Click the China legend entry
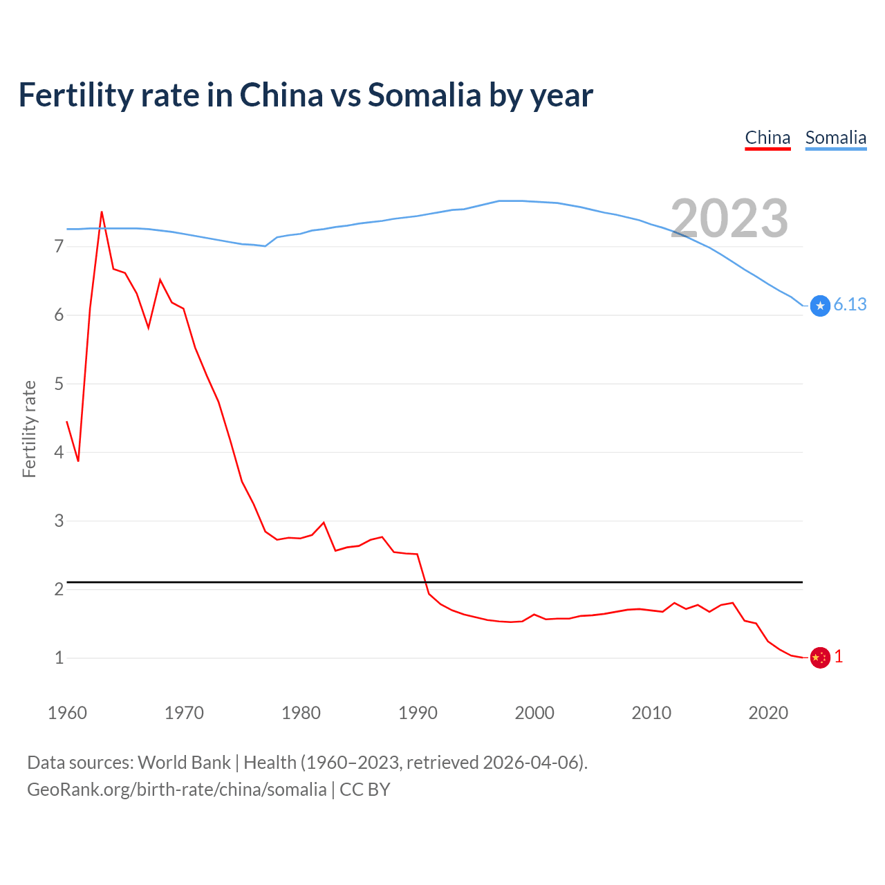767,138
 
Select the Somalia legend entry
835,138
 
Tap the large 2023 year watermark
729,218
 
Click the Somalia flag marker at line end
820,306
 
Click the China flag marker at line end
820,658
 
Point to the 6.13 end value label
850,305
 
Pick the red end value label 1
839,657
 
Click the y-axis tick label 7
59,247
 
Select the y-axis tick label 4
59,452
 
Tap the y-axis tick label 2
59,589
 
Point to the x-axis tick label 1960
67,713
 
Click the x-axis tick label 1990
418,713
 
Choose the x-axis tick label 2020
768,713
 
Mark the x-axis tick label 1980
301,713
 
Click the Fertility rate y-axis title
29,429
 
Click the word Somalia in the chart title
424,95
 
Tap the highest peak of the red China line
102,212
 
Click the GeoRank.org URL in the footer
176,790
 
